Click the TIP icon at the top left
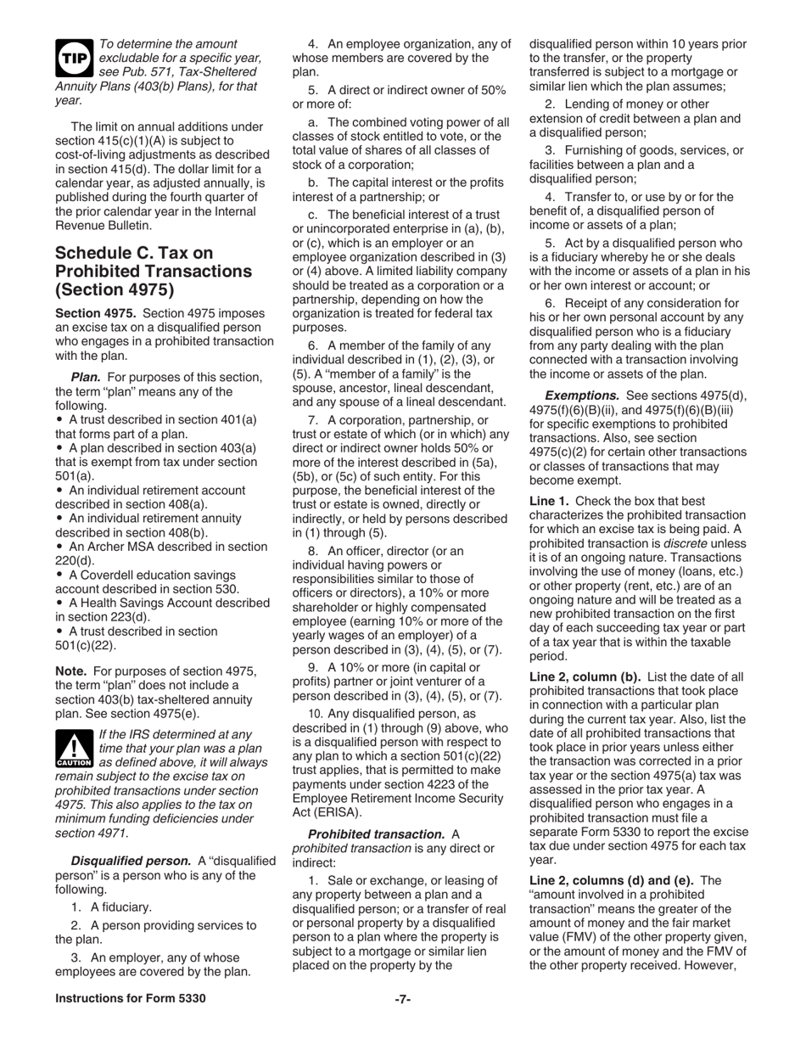click(x=74, y=57)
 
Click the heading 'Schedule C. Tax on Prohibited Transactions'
click(x=153, y=271)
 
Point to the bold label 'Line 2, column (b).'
click(x=586, y=676)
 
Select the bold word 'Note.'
click(x=72, y=671)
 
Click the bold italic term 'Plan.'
click(x=86, y=377)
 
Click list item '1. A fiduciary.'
click(x=111, y=906)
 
